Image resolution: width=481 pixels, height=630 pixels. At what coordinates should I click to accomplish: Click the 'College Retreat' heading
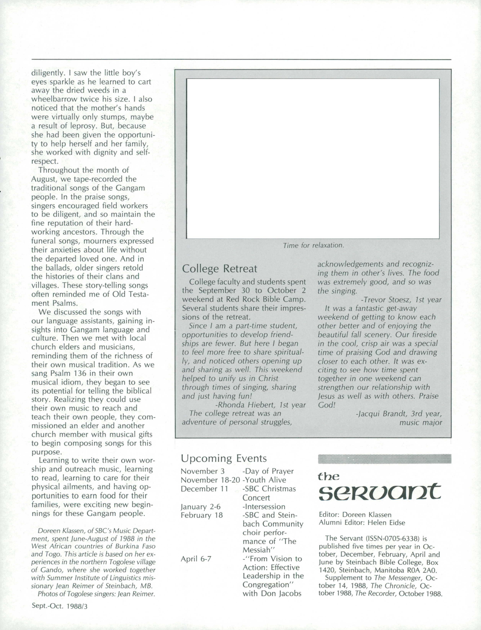pyautogui.click(x=220, y=269)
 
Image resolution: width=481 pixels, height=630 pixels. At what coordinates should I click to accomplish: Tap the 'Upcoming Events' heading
pyautogui.click(x=224, y=458)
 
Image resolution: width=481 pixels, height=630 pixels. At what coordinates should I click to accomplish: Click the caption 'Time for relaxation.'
pyautogui.click(x=313, y=245)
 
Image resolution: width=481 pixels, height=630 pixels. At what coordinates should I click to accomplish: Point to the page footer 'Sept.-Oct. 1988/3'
pyautogui.click(x=60, y=614)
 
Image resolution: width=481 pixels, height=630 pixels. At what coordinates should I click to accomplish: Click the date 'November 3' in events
pyautogui.click(x=203, y=471)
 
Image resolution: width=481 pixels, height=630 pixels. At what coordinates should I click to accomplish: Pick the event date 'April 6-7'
pyautogui.click(x=196, y=559)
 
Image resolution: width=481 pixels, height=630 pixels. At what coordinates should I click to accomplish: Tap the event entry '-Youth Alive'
pyautogui.click(x=264, y=480)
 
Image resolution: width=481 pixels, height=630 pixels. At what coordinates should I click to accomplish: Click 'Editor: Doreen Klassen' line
pyautogui.click(x=355, y=515)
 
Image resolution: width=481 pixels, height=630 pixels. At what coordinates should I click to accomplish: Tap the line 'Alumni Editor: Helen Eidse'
pyautogui.click(x=362, y=523)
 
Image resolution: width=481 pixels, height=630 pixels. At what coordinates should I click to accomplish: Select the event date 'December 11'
pyautogui.click(x=204, y=489)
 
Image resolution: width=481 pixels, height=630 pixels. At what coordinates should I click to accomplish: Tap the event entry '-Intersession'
pyautogui.click(x=264, y=506)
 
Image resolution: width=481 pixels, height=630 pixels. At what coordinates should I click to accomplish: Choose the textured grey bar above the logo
pyautogui.click(x=385, y=459)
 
